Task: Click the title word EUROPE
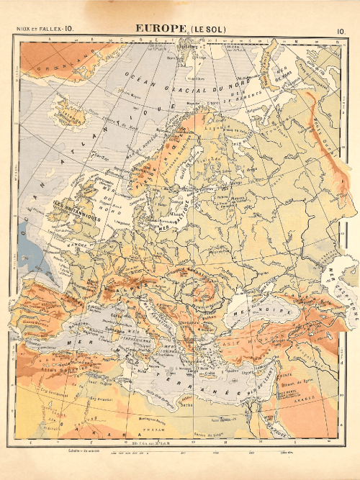(x=161, y=29)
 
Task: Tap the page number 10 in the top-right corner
(x=340, y=30)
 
